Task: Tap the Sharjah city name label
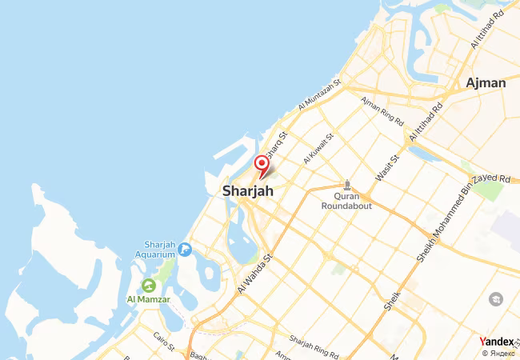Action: pos(247,191)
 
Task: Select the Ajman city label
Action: pos(486,82)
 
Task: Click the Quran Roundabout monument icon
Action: pos(346,185)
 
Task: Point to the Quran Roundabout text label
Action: pos(346,201)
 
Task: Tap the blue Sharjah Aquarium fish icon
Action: pos(185,250)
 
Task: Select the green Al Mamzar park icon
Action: pos(148,285)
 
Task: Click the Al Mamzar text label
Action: pos(148,300)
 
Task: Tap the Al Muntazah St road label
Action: pos(319,94)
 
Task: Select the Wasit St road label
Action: pos(387,168)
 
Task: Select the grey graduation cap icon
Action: pos(495,298)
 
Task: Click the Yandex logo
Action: pos(496,342)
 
